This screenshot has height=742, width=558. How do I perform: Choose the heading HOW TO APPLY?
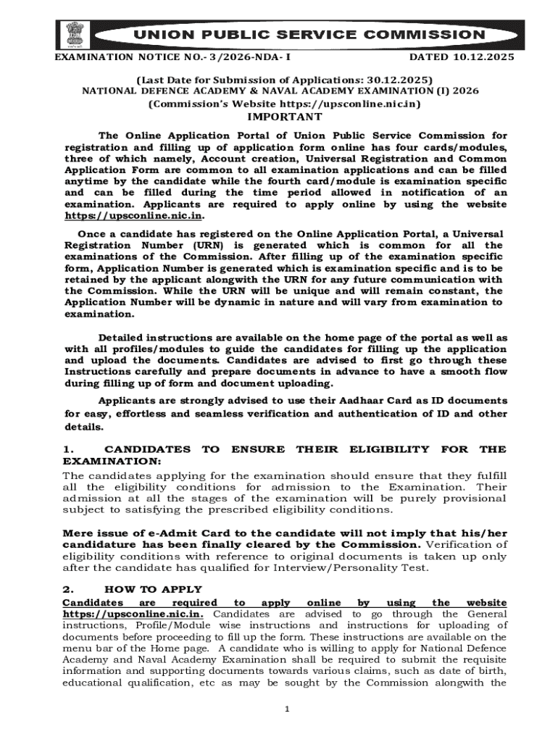pyautogui.click(x=154, y=589)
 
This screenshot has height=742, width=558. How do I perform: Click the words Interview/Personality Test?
pyautogui.click(x=359, y=567)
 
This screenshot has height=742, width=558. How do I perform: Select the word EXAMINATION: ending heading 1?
pyautogui.click(x=110, y=461)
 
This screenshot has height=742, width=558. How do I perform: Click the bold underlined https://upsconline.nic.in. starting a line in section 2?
pyautogui.click(x=133, y=614)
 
